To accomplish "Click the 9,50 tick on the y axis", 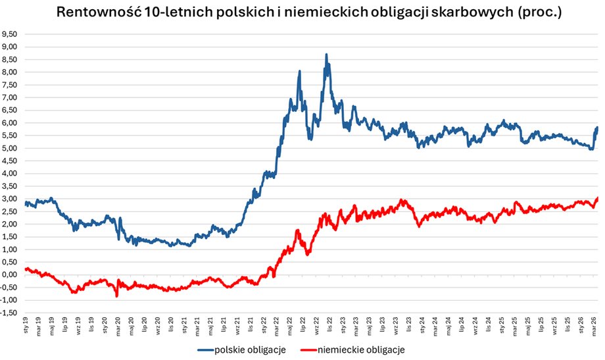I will [x=10, y=34].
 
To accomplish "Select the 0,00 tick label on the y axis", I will [x=10, y=275].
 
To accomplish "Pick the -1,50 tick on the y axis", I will [x=9, y=313].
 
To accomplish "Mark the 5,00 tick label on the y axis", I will [x=10, y=148].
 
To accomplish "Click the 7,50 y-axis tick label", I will [x=10, y=84].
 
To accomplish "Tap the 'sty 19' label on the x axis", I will [x=25, y=327].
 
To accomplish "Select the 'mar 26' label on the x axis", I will [x=595, y=327].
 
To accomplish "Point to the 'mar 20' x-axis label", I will [x=118, y=327].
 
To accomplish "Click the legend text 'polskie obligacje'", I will [x=251, y=349].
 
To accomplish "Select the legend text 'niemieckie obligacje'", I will [x=360, y=349].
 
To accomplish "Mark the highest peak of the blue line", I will [x=326, y=55].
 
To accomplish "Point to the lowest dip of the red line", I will [x=117, y=296].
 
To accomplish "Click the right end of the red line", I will [x=597, y=198].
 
